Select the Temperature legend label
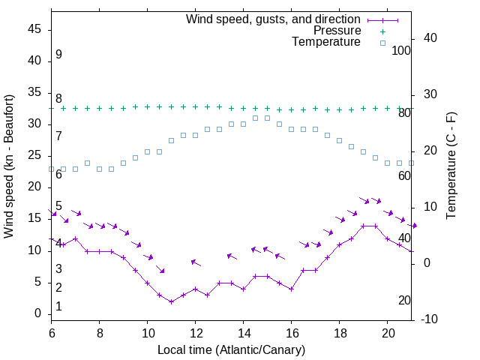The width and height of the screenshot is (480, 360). (326, 42)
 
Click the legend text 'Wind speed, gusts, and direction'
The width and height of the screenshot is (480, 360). (274, 19)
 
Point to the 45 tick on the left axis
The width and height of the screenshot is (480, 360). (34, 29)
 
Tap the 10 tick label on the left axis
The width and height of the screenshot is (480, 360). (34, 250)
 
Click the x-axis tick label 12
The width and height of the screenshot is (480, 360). (196, 331)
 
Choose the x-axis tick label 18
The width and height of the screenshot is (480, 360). (340, 331)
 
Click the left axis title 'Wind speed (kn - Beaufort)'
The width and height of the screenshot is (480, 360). (10, 166)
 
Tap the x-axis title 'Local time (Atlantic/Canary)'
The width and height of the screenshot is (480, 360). (232, 349)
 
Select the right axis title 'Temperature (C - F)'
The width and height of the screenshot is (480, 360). (451, 166)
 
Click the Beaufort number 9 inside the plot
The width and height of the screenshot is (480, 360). (58, 55)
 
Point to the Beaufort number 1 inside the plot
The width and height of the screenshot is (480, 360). (58, 307)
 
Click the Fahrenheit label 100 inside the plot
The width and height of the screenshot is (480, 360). (402, 50)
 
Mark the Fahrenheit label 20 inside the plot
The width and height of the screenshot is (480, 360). (404, 301)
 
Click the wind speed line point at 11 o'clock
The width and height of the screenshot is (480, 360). (172, 301)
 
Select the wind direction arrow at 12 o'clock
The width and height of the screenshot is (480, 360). (196, 262)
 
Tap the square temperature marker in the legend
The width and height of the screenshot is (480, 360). (382, 43)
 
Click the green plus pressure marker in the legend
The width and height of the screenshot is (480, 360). (382, 31)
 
